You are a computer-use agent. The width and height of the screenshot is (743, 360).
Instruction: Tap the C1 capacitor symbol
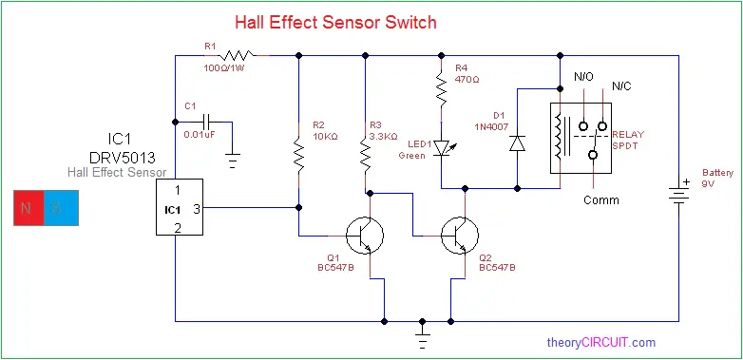point(203,122)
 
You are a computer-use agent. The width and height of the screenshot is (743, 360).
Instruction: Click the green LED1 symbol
point(440,150)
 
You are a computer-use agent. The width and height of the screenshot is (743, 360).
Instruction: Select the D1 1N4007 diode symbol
point(516,142)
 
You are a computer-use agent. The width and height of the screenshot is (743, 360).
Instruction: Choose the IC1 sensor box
point(180,207)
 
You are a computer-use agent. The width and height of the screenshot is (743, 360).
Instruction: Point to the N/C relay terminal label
point(620,86)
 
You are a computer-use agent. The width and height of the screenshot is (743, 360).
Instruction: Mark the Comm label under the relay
point(600,199)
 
